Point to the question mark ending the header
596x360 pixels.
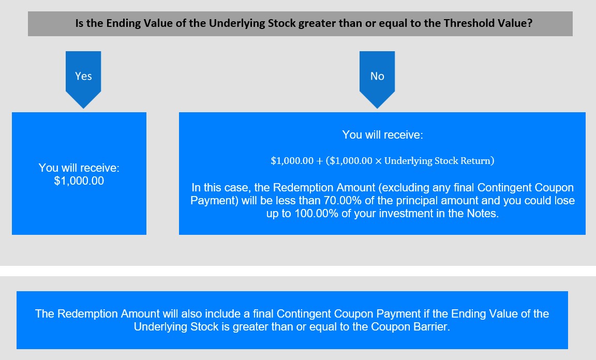pos(530,23)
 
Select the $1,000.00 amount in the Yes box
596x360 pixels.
pos(79,181)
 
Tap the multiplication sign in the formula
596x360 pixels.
pos(378,161)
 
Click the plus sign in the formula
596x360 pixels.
pos(319,161)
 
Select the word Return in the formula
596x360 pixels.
pos(476,161)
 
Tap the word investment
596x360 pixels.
pos(406,213)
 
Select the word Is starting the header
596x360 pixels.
pos(79,23)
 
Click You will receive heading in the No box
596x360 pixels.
pos(382,135)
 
